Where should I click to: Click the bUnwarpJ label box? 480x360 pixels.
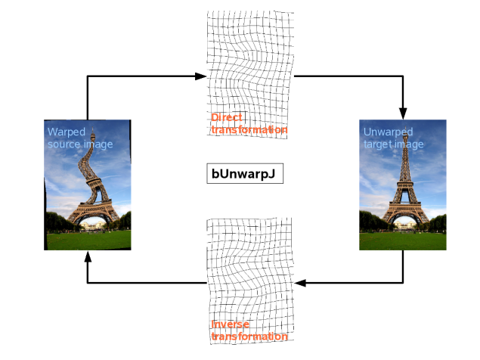[245, 174]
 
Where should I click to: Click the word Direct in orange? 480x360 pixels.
[227, 117]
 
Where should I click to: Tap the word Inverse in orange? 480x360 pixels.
[230, 324]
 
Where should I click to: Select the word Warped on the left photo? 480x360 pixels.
[67, 132]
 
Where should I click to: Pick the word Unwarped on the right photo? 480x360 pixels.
[389, 132]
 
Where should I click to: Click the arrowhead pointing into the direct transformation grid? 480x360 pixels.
[201, 76]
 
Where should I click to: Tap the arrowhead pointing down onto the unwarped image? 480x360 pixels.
[403, 113]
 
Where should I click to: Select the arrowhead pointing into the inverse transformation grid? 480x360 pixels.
[299, 283]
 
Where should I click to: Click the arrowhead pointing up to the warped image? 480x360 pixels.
[88, 256]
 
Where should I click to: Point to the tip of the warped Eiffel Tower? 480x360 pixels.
[93, 128]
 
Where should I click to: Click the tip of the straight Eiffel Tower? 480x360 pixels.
[405, 126]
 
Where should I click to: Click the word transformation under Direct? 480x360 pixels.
[249, 129]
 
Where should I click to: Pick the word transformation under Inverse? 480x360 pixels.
[249, 337]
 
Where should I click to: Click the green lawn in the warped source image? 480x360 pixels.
[88, 241]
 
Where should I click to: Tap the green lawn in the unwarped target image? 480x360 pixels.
[403, 241]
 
